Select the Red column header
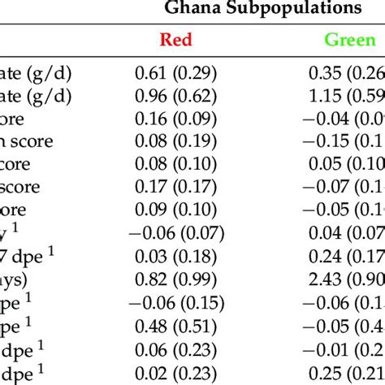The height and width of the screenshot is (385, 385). click(x=176, y=39)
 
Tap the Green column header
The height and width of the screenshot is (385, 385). click(x=350, y=39)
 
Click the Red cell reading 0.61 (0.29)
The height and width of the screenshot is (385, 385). click(x=176, y=76)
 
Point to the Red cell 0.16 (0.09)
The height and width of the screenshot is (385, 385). click(x=176, y=119)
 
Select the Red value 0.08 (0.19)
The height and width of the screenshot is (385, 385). click(x=176, y=141)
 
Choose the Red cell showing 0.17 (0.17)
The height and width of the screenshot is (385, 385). click(x=176, y=186)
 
